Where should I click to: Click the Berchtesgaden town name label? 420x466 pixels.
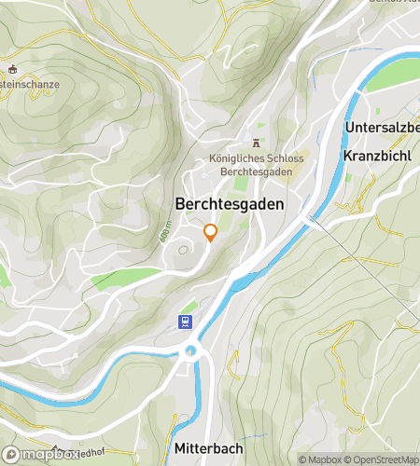tap(229, 203)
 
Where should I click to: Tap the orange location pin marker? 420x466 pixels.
tap(211, 232)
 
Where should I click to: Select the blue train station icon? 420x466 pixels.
tap(187, 322)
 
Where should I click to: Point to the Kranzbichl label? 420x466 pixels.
tap(377, 156)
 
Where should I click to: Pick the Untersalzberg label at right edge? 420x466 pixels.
tap(383, 127)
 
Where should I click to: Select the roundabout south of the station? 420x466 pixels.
tap(192, 351)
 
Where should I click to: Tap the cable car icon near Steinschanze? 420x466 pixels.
tap(13, 69)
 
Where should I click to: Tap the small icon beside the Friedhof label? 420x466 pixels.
tap(56, 448)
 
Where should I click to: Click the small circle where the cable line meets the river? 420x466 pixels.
tap(310, 221)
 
